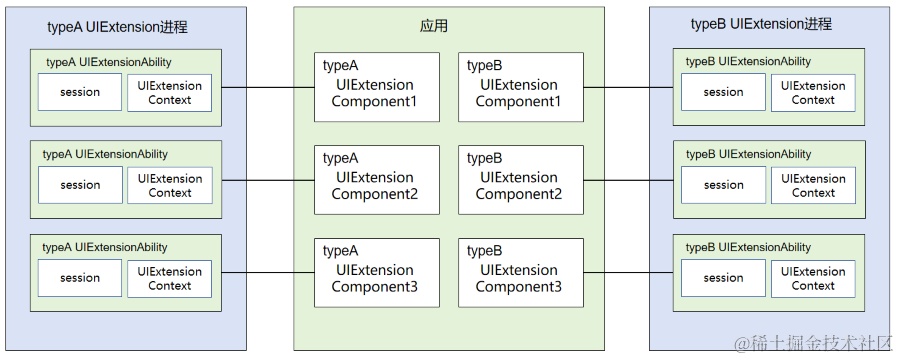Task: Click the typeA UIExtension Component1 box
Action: point(376,86)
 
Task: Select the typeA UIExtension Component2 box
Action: point(376,179)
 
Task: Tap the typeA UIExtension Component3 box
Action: point(376,272)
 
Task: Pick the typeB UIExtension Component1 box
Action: point(520,86)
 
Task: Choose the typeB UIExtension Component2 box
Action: point(520,179)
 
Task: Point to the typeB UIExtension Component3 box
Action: point(520,272)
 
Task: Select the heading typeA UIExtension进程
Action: point(117,27)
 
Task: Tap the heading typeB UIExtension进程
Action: point(761,24)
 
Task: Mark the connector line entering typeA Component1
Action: point(268,87)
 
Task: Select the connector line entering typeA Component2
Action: point(268,180)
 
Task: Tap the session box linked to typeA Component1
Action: point(80,93)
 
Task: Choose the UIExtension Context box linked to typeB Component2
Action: point(813,185)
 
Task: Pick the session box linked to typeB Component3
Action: point(723,278)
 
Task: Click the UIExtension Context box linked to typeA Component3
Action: point(170,278)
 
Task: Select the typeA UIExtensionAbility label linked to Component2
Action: point(105,154)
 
